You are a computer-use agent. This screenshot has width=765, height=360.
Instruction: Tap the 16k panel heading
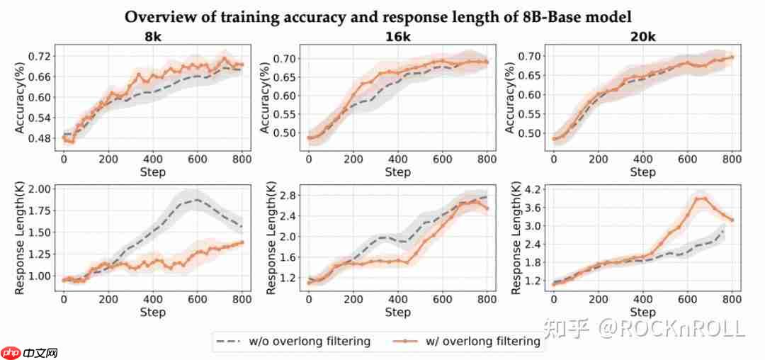coord(397,36)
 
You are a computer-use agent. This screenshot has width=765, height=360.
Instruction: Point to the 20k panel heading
coord(642,36)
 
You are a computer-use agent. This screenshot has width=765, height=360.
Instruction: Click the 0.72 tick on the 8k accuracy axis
coord(41,56)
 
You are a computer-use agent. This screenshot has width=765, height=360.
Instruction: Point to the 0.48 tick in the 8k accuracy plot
coord(41,138)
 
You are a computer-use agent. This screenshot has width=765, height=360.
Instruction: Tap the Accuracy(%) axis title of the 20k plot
coord(510,96)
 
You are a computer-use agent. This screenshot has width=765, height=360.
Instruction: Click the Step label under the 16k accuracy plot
coord(397,172)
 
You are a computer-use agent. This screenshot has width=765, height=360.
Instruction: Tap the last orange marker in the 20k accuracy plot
coord(732,57)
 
